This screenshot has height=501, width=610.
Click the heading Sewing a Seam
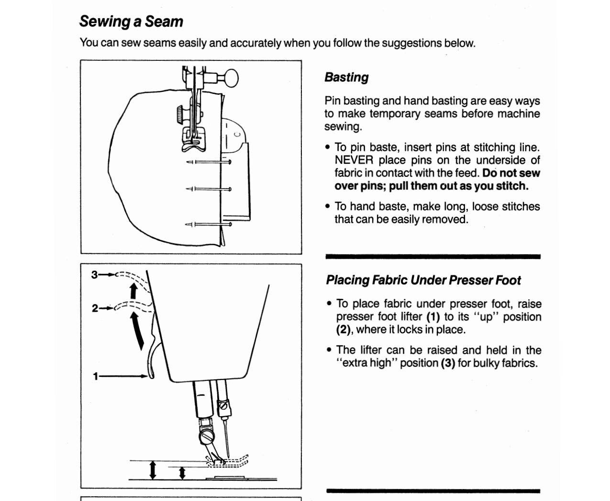131,22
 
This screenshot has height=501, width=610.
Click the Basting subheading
346,77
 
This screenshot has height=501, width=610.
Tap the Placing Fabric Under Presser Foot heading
423,280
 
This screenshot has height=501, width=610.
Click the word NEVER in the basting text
354,160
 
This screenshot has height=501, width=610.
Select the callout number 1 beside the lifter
95,376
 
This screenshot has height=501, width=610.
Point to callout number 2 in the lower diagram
95,308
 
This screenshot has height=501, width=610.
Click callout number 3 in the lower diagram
94,274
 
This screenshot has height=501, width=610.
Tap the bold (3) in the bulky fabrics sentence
448,363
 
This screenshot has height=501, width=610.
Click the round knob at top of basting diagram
231,78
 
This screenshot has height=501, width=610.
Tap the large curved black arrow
137,331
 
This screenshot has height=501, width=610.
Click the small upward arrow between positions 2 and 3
133,290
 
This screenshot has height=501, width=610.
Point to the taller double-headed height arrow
153,470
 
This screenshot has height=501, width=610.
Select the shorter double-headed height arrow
182,473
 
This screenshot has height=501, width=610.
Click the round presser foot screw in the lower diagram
207,437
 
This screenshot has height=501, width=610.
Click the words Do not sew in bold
510,173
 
